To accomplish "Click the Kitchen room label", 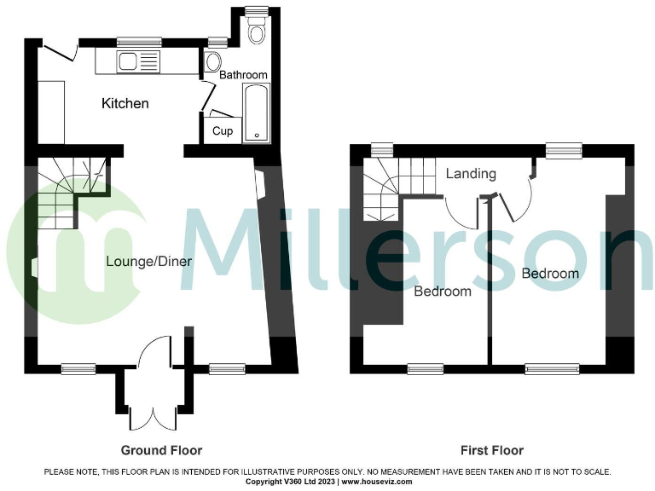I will tap(125, 104).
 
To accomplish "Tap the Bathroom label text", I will tap(243, 75).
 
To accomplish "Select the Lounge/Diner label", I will tap(148, 262).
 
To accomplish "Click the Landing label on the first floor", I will tap(471, 174).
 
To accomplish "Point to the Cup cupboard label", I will tap(222, 131).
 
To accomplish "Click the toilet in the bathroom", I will tap(256, 32).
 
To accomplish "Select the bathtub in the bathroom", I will tap(256, 114).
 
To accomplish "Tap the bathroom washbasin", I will tap(213, 61).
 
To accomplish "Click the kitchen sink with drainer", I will tap(138, 61).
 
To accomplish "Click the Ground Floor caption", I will tap(161, 450).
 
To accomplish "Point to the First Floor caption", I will tap(492, 450).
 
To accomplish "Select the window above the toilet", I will tap(256, 11).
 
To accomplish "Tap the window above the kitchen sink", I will tap(139, 41).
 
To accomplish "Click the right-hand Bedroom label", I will tap(550, 274).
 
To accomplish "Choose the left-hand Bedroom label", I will tap(443, 292).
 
